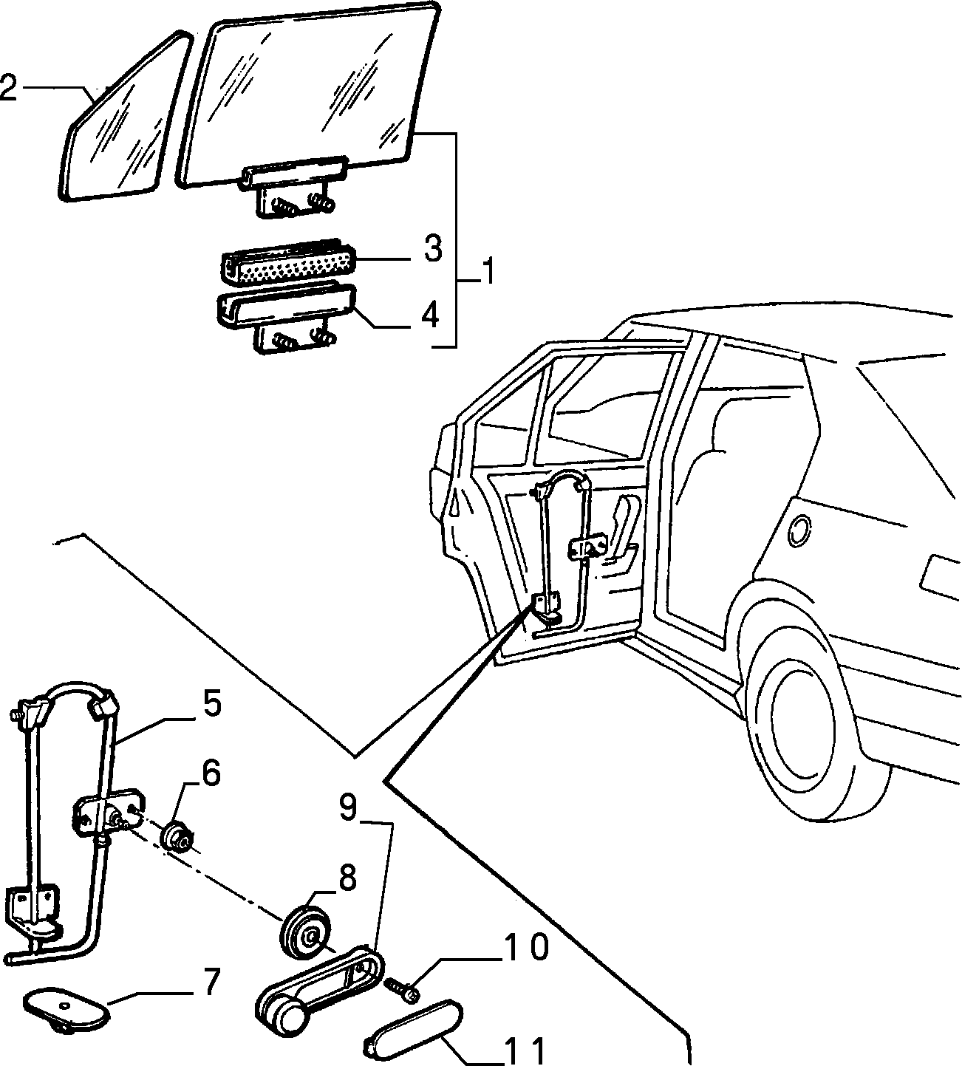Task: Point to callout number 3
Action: pyautogui.click(x=432, y=249)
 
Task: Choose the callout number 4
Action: pyautogui.click(x=429, y=315)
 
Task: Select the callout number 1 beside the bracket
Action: pyautogui.click(x=485, y=271)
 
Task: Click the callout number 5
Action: pyautogui.click(x=211, y=705)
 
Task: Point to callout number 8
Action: pyautogui.click(x=347, y=879)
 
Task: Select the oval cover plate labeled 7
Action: pyautogui.click(x=67, y=1007)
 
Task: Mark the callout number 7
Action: pyautogui.click(x=211, y=982)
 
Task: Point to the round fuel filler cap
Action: pyautogui.click(x=800, y=531)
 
